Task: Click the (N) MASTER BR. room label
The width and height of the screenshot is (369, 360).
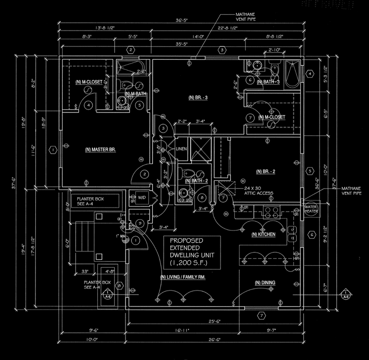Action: tap(101, 149)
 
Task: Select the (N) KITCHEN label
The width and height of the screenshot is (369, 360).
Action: tap(263, 234)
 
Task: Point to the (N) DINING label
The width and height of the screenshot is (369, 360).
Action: tap(265, 283)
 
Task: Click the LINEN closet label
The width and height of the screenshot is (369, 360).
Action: tap(181, 149)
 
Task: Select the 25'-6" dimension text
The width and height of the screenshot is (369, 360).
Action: tap(214, 321)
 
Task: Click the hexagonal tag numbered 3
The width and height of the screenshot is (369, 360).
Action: tap(222, 50)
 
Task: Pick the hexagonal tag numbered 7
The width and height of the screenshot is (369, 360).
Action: tap(261, 315)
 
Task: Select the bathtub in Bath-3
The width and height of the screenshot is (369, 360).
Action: tap(293, 74)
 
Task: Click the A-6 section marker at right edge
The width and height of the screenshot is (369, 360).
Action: tap(346, 294)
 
